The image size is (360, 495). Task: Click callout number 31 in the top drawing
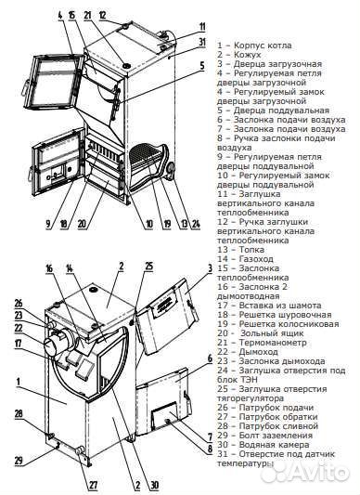pos(202,42)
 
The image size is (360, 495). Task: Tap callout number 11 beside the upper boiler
pos(202,27)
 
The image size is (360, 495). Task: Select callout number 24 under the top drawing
pos(196,224)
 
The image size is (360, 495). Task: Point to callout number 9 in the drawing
pos(48,224)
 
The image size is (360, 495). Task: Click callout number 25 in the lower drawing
pos(149,267)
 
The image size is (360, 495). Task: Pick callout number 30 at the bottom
pos(155,485)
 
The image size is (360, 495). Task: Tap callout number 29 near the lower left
pos(19,461)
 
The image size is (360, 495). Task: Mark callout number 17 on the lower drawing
pos(18,343)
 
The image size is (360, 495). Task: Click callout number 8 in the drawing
pos(210,449)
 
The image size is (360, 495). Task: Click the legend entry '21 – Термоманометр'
pos(262,343)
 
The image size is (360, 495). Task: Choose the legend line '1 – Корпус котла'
pos(254,46)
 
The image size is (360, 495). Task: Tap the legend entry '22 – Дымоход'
pos(248,352)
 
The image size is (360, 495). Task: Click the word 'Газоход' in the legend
pos(256,259)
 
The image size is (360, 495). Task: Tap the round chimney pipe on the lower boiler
pos(57,345)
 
